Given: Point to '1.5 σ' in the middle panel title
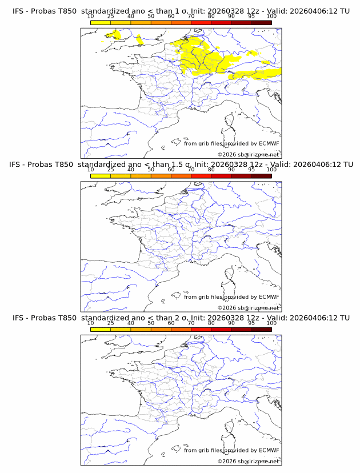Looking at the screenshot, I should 182,165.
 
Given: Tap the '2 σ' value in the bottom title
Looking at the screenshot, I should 180,318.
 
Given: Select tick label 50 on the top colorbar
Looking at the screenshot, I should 151,16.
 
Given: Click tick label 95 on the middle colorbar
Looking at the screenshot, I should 251,169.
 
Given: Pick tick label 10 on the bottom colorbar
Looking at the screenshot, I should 91,322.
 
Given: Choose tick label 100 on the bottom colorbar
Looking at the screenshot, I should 271,322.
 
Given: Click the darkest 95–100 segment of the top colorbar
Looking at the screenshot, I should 261,22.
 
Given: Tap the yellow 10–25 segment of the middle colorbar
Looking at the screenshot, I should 101,175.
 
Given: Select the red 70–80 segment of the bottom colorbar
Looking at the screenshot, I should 201,329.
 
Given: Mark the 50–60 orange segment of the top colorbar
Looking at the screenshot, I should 161,22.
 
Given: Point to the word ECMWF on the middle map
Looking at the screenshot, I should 269,297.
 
